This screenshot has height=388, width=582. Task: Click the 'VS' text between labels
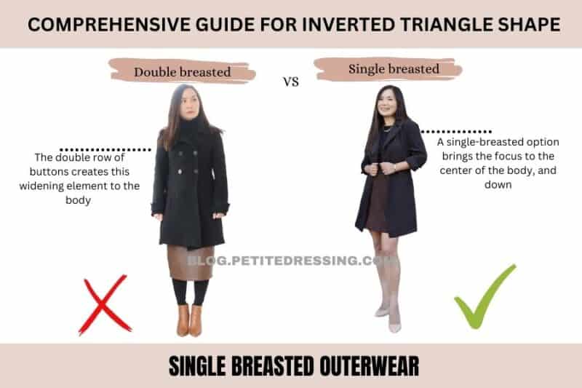pos(291,82)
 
